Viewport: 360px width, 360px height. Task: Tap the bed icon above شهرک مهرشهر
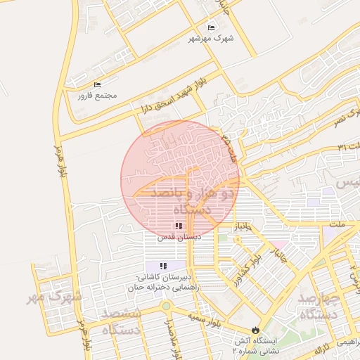tap(210, 27)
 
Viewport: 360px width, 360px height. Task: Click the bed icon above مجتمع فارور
tap(97, 84)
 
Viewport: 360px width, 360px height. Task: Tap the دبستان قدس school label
tap(179, 237)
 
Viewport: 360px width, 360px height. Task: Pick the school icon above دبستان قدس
tap(179, 226)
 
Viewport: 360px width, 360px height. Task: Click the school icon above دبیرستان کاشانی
tap(163, 266)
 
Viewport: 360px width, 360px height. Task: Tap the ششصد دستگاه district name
tap(121, 321)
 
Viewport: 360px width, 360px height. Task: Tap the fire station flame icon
tap(255, 329)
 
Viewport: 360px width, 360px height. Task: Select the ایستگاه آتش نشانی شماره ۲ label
tap(256, 345)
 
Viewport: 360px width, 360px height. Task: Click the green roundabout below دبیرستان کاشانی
tap(166, 306)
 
